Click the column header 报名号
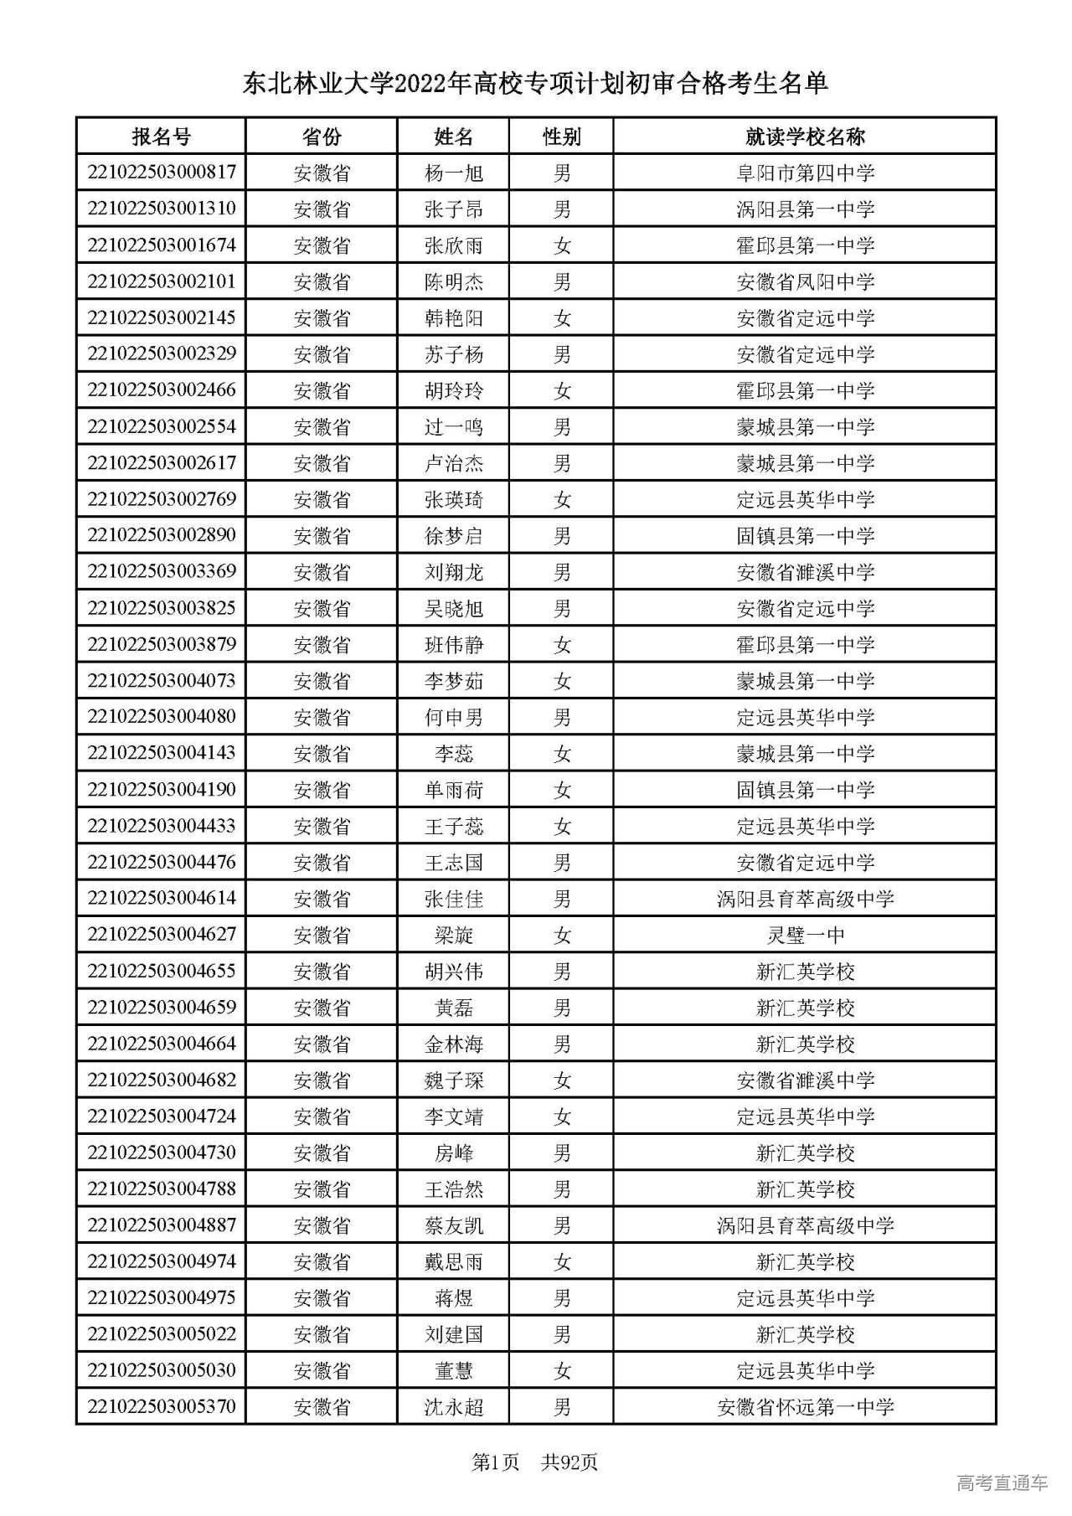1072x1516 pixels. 161,137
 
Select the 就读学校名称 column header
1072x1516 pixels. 805,137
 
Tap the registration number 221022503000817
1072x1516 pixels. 161,173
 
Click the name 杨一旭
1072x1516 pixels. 453,173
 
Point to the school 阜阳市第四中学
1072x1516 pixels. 805,173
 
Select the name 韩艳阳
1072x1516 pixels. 453,318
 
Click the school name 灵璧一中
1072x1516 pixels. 805,936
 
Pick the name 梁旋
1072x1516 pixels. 453,936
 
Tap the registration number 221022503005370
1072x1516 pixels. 161,1406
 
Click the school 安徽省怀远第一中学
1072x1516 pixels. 805,1407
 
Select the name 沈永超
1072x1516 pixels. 453,1407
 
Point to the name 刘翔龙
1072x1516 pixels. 453,572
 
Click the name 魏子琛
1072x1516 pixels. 453,1080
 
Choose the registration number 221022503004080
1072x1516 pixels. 161,717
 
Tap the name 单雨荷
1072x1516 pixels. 453,790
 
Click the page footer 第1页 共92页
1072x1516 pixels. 535,1462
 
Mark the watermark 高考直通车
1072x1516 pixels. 1002,1483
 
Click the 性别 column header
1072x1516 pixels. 561,137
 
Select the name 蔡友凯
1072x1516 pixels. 453,1225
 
